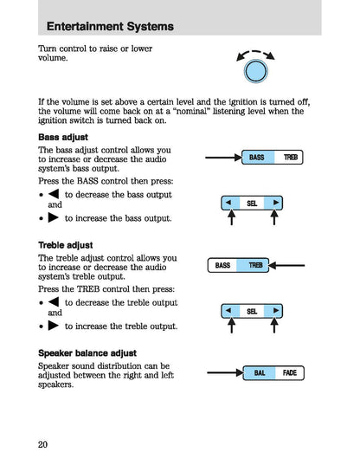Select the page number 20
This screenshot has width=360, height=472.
pyautogui.click(x=43, y=445)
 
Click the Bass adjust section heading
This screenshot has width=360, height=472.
pyautogui.click(x=63, y=138)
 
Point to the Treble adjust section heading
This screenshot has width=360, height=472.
pyautogui.click(x=67, y=246)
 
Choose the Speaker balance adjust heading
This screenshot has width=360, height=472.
pyautogui.click(x=87, y=353)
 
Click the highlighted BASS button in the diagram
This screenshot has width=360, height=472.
pyautogui.click(x=257, y=158)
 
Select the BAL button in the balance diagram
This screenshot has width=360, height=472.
pyautogui.click(x=259, y=373)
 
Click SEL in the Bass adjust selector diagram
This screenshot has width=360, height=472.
pyautogui.click(x=252, y=204)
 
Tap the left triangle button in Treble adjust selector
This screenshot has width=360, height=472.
pyautogui.click(x=228, y=311)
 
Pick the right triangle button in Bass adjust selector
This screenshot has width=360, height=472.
pyautogui.click(x=275, y=204)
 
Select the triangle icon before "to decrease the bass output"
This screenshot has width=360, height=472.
pyautogui.click(x=55, y=195)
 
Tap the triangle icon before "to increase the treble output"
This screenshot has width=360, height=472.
pyautogui.click(x=55, y=327)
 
